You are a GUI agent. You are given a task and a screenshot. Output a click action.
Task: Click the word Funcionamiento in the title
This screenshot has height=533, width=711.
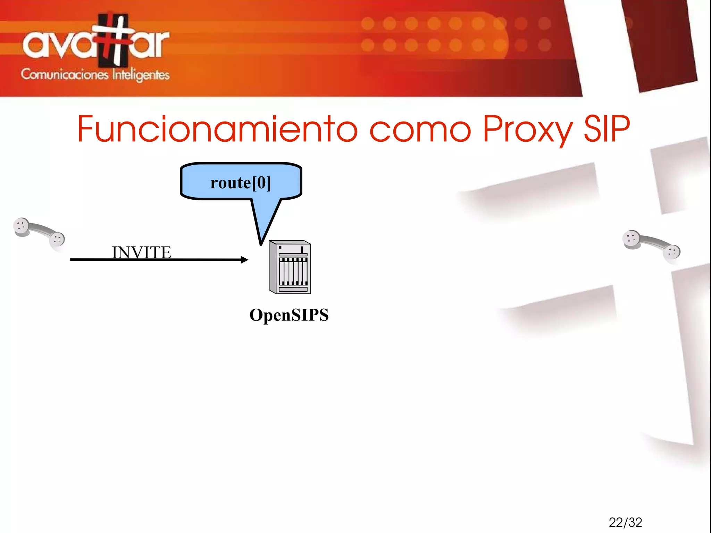[217, 129]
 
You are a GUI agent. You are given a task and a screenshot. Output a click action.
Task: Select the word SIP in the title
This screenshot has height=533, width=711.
[607, 129]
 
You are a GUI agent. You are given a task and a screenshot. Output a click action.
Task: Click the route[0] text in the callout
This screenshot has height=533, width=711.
[240, 183]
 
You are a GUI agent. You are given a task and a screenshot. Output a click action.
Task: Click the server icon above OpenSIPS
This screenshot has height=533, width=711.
[290, 267]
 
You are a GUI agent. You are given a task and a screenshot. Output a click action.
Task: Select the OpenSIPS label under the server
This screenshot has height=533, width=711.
[289, 315]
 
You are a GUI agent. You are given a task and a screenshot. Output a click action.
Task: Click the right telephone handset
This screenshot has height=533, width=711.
[651, 245]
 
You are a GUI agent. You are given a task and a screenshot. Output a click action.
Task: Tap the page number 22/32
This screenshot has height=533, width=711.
[625, 522]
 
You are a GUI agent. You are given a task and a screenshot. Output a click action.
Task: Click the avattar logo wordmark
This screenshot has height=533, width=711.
[95, 43]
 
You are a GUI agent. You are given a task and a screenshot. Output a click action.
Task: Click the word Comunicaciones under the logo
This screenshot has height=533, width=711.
[65, 74]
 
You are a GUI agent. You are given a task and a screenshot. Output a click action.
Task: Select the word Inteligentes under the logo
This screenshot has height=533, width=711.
[141, 75]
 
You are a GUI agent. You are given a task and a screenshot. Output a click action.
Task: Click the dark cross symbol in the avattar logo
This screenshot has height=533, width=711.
[113, 40]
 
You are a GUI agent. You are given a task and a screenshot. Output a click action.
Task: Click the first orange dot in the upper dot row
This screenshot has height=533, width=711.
[368, 24]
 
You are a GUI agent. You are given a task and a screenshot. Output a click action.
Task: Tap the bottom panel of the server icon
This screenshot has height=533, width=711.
[293, 289]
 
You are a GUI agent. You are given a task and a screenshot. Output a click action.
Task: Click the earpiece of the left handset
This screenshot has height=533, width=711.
[21, 226]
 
